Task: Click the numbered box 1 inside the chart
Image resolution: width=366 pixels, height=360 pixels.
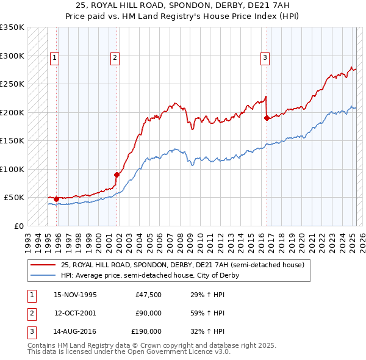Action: [55, 58]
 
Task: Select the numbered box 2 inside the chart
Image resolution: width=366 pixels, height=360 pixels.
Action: [115, 58]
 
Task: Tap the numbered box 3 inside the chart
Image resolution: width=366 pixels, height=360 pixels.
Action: [265, 58]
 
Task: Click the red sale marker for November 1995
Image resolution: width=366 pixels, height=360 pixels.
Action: [57, 199]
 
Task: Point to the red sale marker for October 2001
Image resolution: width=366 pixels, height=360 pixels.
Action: [117, 175]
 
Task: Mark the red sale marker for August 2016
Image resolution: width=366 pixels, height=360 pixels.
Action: [267, 118]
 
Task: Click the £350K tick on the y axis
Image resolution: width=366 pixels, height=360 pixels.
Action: [12, 27]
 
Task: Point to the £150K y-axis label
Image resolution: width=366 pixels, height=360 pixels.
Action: [12, 141]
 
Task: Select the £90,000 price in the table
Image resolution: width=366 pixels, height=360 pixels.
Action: [148, 314]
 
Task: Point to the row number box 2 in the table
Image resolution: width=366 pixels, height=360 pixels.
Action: [30, 314]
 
